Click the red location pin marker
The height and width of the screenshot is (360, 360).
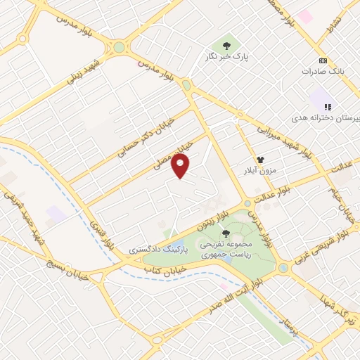(x=181, y=167)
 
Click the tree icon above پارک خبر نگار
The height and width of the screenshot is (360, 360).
(x=226, y=41)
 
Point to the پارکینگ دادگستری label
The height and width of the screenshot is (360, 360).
(x=150, y=250)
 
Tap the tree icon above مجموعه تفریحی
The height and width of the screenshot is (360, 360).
(x=226, y=234)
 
